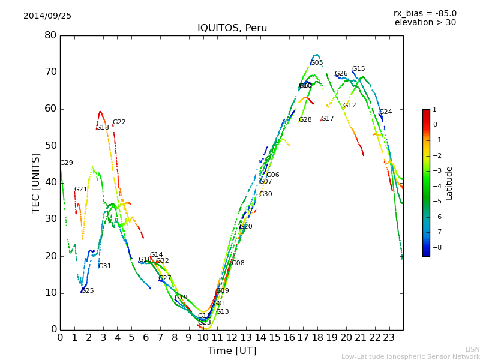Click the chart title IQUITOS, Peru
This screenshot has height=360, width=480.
click(x=232, y=28)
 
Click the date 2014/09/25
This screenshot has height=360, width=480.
click(x=47, y=16)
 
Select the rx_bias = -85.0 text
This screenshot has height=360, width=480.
click(x=425, y=13)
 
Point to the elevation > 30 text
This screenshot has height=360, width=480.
click(x=425, y=23)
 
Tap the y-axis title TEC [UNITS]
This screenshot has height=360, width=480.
click(x=36, y=182)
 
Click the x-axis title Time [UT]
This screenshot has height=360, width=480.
click(x=232, y=351)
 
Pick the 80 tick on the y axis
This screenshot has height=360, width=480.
click(x=50, y=35)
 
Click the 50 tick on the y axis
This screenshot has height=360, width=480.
click(x=50, y=146)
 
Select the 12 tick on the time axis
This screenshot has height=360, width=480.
click(x=232, y=337)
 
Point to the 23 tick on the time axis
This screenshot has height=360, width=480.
click(x=389, y=337)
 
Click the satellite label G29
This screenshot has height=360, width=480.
click(x=66, y=163)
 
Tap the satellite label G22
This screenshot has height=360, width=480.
click(x=119, y=122)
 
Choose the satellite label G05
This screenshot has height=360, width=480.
click(x=317, y=63)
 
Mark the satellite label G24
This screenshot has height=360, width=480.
click(x=386, y=112)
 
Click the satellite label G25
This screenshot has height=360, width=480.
click(x=88, y=291)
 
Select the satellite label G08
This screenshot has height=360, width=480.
click(x=238, y=263)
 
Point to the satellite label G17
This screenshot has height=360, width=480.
click(x=328, y=119)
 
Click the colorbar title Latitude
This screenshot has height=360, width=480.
click(x=449, y=183)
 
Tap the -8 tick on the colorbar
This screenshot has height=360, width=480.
click(x=435, y=246)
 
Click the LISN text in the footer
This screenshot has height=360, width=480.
click(x=473, y=349)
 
